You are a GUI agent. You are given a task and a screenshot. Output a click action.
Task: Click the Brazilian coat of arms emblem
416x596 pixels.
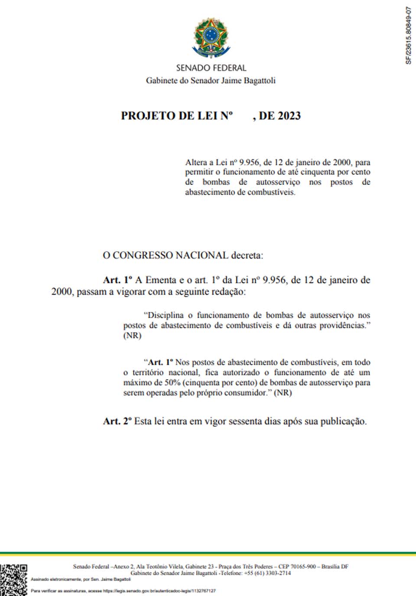coord(211,38)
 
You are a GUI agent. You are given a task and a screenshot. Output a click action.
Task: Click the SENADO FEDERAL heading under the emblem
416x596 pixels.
coord(211,68)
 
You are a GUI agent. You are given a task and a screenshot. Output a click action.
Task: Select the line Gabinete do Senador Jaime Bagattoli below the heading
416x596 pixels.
coord(211,81)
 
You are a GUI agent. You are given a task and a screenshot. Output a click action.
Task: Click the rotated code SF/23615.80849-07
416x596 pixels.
coord(408,36)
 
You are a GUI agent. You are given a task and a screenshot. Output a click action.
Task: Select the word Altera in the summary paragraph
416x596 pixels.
coord(196,162)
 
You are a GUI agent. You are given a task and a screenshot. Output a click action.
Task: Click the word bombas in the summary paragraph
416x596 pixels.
coord(216,182)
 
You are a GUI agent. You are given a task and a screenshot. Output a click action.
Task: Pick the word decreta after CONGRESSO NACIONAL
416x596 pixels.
coord(247,255)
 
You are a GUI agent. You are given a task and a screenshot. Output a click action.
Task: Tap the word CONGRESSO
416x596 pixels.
coord(143,255)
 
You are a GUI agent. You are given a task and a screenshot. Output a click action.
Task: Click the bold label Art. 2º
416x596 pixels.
coord(117,421)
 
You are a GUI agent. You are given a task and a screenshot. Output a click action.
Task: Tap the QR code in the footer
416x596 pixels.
coord(13,580)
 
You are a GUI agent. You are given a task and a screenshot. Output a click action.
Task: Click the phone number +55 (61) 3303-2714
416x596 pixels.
coord(267,573)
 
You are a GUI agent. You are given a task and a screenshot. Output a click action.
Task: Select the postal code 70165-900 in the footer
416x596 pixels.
coord(303,567)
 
